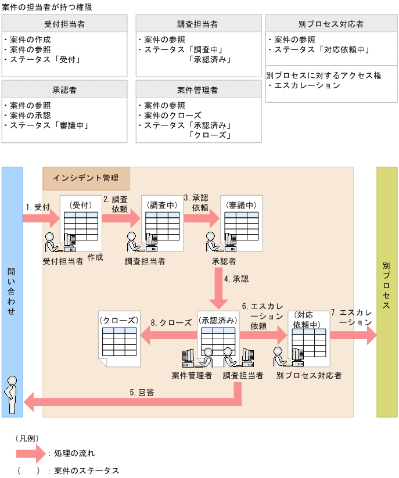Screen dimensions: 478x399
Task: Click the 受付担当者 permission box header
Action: pos(64,24)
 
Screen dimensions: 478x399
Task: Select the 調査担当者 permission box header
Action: pos(197,24)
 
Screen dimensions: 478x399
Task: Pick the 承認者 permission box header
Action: pos(64,90)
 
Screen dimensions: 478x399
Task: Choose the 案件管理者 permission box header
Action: pos(197,90)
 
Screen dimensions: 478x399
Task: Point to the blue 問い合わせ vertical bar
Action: pos(12,290)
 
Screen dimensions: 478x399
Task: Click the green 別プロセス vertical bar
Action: pos(387,290)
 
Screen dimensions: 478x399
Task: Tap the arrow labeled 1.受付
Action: pos(41,218)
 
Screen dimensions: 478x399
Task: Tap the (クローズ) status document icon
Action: pos(119,340)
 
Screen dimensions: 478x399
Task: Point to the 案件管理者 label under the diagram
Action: pos(192,376)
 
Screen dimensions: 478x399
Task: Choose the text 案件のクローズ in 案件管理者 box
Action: pos(172,116)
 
